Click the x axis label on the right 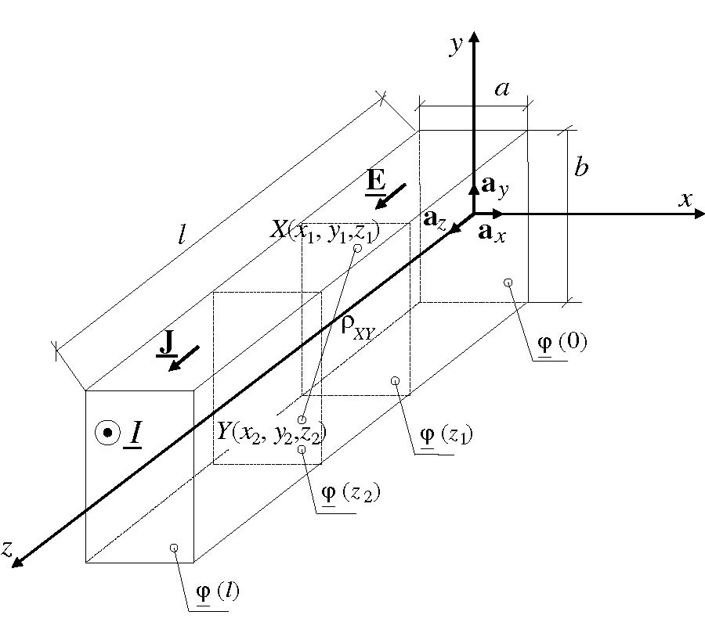click(x=686, y=200)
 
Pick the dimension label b click(x=581, y=168)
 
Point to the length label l click(x=182, y=236)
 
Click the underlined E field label click(x=375, y=182)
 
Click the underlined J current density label click(x=167, y=343)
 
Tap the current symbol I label click(x=134, y=433)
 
